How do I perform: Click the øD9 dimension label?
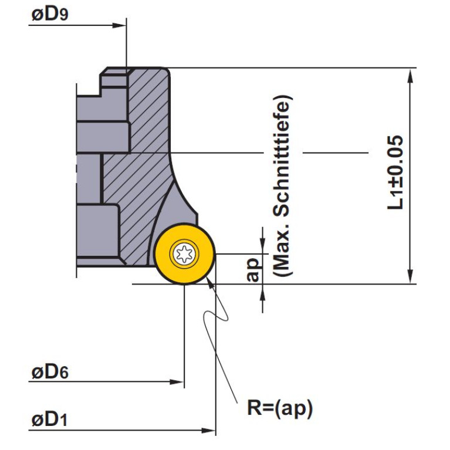point(50,15)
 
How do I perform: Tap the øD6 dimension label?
point(50,372)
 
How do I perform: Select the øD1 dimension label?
point(49,421)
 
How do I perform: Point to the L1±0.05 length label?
point(396,172)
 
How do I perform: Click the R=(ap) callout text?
point(280,408)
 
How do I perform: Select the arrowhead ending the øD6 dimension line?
point(177,382)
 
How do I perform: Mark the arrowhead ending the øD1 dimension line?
point(208,430)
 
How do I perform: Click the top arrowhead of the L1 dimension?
point(410,76)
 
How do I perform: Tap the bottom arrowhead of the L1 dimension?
point(410,276)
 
